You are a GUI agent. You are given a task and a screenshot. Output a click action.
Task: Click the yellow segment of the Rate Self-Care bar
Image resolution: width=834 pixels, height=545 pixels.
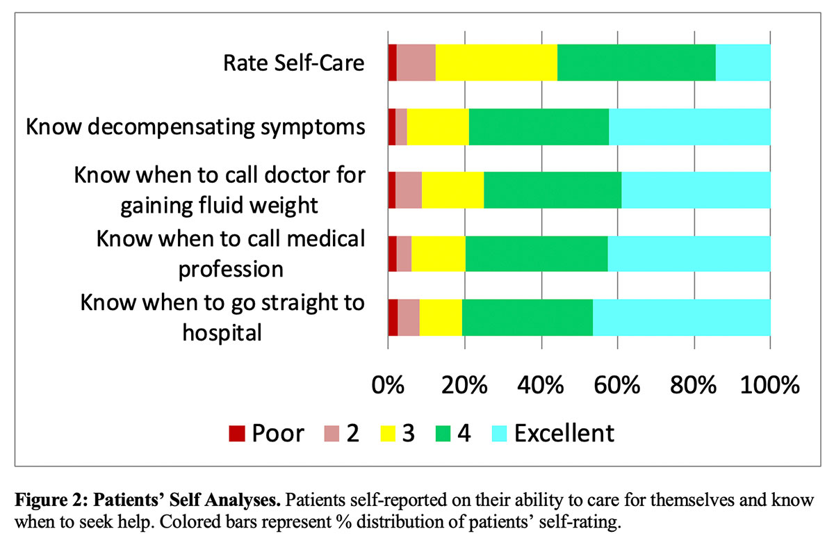tap(496, 62)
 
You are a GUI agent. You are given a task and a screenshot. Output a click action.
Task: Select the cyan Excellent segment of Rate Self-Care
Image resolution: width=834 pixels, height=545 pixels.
tap(743, 62)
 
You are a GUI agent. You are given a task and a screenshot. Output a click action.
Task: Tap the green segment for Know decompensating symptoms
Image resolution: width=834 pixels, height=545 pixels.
tap(539, 127)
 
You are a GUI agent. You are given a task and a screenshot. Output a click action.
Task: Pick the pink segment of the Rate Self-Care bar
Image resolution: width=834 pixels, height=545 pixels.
tap(416, 62)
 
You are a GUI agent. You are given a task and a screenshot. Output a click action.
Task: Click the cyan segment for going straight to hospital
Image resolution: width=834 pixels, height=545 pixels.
tap(681, 317)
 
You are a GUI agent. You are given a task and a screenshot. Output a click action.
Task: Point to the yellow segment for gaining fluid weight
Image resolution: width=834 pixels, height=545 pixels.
tap(452, 190)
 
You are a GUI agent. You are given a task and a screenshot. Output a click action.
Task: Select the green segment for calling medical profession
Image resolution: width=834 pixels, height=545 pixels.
tap(537, 253)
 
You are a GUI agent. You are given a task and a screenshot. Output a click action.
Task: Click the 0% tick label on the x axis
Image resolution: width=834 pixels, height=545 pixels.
tap(388, 384)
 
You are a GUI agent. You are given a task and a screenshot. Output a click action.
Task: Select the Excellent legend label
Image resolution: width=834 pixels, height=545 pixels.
tap(564, 433)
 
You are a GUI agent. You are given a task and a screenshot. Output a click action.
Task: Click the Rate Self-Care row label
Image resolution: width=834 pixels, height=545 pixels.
tap(293, 63)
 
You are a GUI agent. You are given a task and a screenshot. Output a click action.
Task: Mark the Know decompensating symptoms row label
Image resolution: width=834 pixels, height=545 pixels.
tap(195, 127)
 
